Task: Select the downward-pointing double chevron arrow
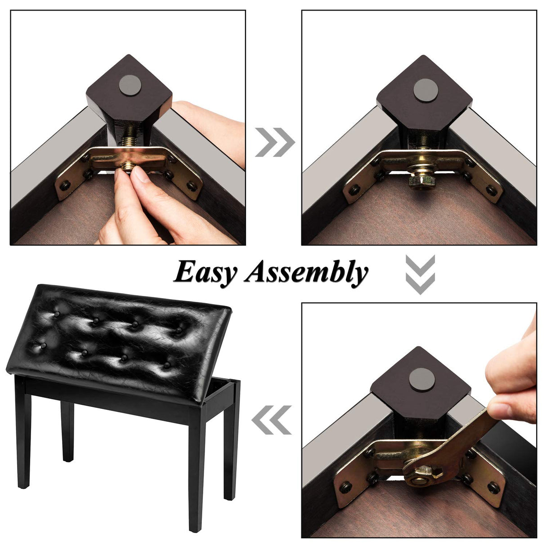tap(420, 274)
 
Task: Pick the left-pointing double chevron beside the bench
tap(271, 420)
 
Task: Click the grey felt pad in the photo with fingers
tap(130, 85)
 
